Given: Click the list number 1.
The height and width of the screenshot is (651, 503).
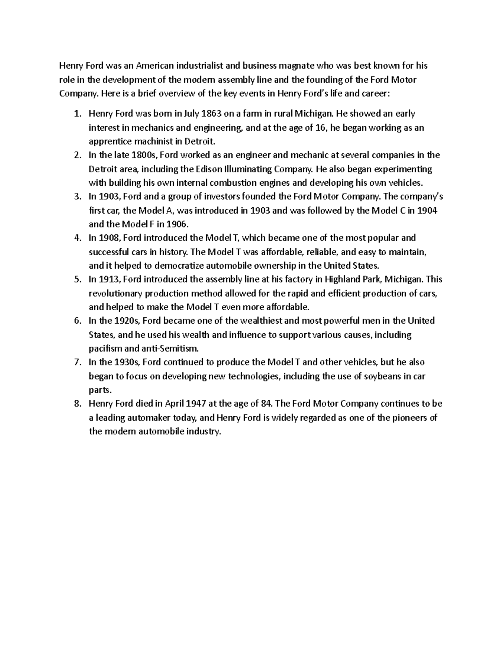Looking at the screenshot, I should tap(76, 114).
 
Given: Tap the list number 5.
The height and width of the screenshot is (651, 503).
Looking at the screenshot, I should tap(76, 280).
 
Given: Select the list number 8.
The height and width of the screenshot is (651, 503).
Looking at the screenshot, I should tap(76, 404).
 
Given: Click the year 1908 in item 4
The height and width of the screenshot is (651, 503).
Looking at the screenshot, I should tap(109, 238).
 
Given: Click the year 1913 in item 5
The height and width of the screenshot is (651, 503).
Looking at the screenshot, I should tap(109, 280).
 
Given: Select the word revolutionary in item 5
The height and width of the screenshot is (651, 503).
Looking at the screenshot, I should tap(114, 293).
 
